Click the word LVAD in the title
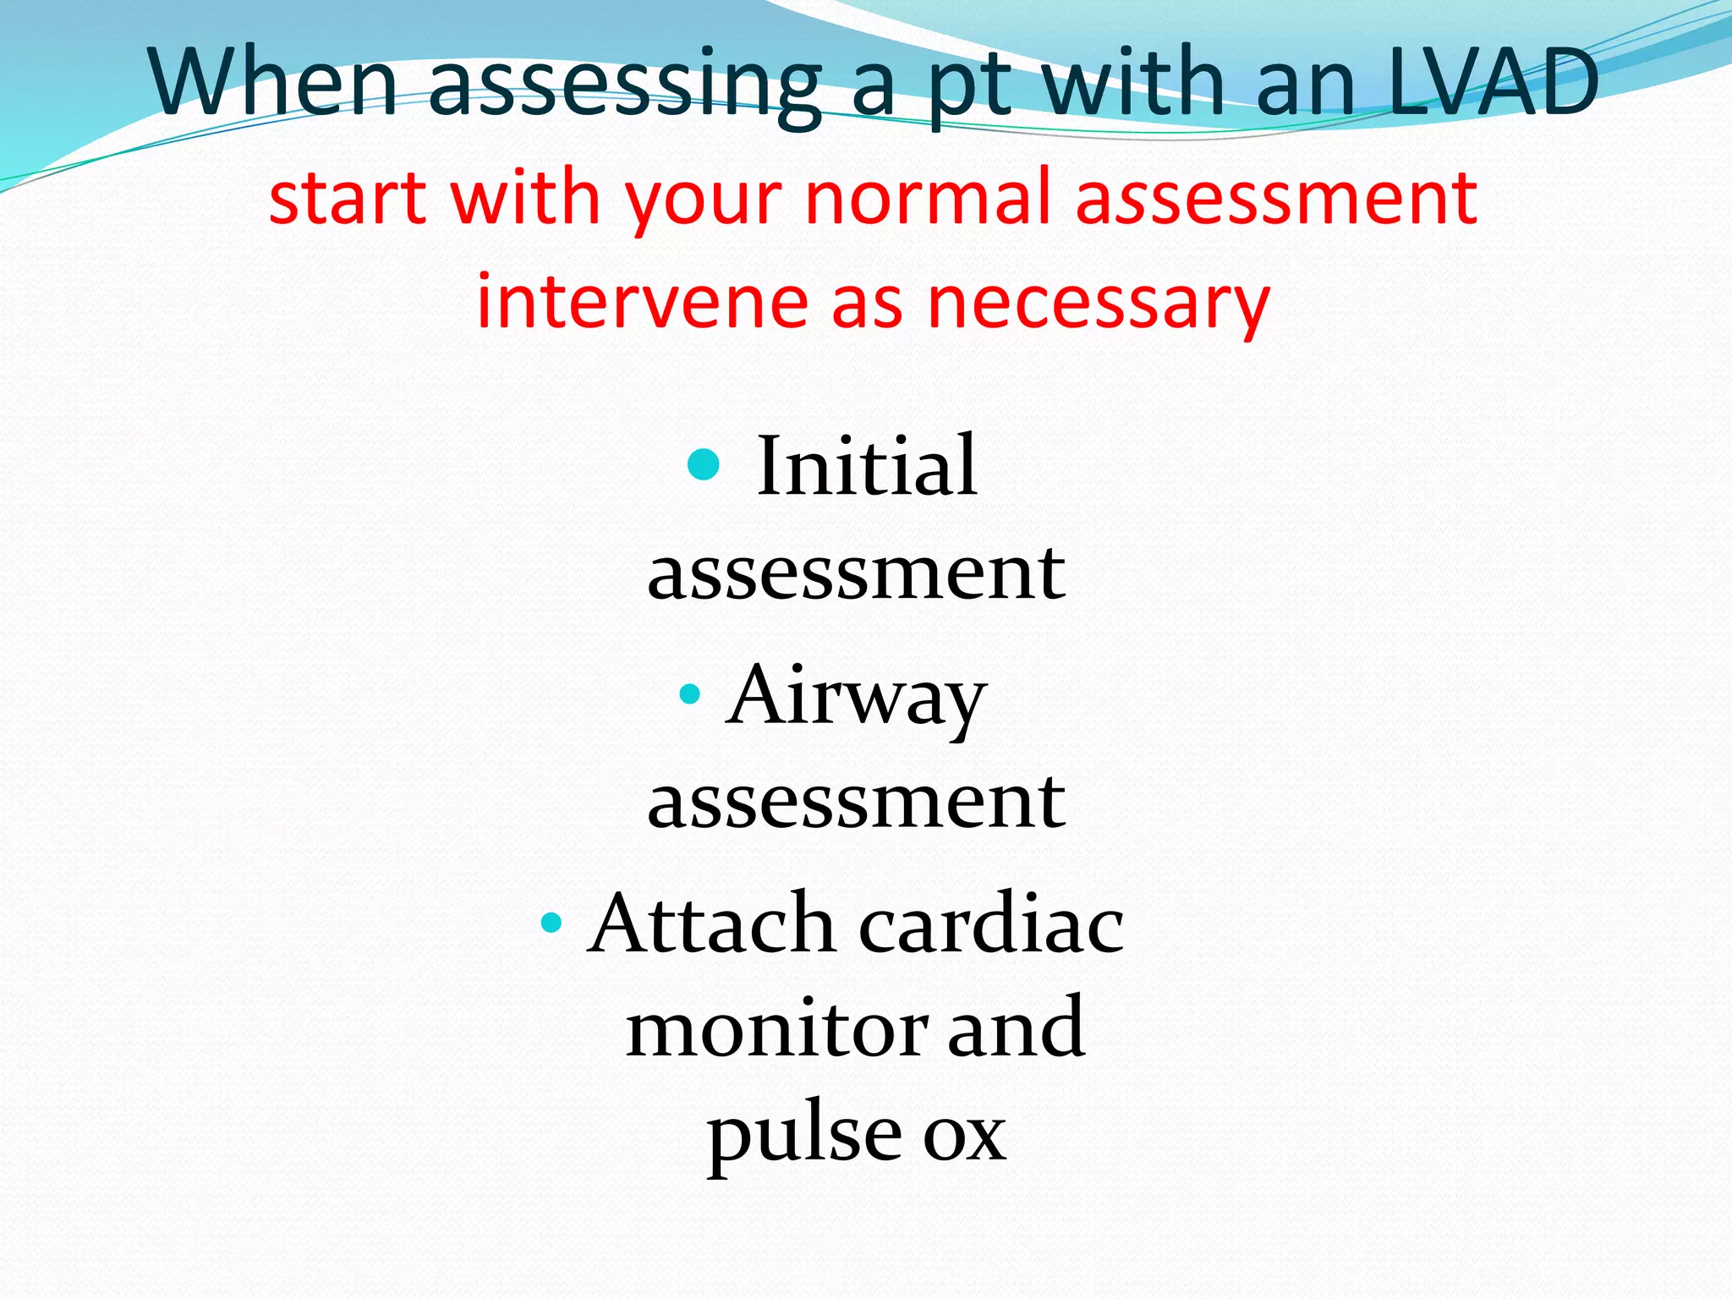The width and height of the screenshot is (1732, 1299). pos(1493,83)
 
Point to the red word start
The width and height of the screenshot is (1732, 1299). pos(347,199)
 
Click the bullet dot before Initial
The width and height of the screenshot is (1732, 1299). pos(704,463)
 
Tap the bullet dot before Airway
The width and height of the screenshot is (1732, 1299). pos(690,694)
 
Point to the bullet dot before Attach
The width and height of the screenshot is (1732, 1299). pos(551,921)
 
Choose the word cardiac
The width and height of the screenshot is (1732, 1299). pos(991,924)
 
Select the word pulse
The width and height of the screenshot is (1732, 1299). pos(804,1135)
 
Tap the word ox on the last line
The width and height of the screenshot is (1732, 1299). pos(964,1135)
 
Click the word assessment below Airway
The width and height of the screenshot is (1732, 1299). pos(856,801)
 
